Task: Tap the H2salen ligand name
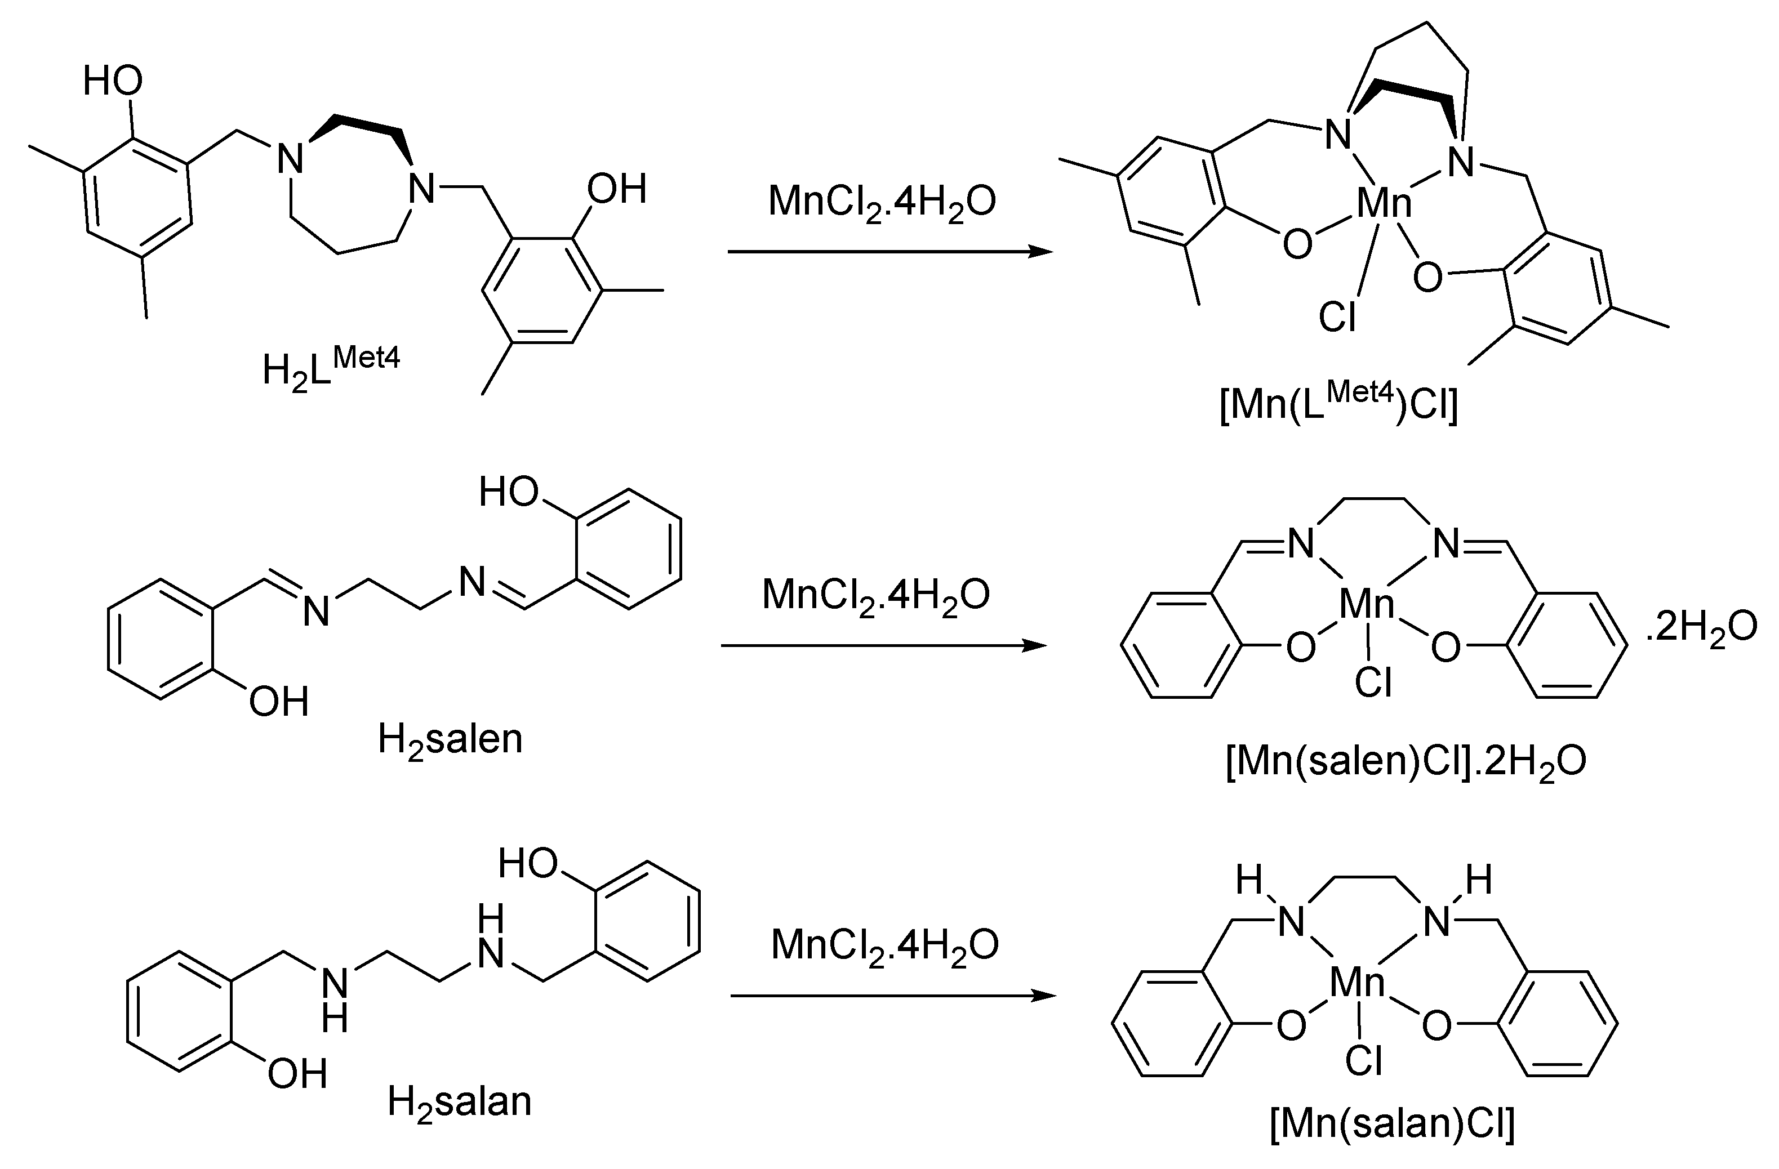click(x=450, y=739)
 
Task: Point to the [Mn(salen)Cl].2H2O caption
click(x=1406, y=762)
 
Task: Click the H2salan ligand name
click(x=459, y=1103)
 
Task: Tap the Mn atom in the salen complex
click(x=1367, y=604)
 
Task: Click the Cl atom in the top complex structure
click(x=1337, y=316)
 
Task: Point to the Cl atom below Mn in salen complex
click(x=1373, y=681)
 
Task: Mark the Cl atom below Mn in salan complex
click(x=1363, y=1061)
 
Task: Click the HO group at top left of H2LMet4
click(x=112, y=81)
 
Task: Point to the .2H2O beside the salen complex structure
click(x=1701, y=627)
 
